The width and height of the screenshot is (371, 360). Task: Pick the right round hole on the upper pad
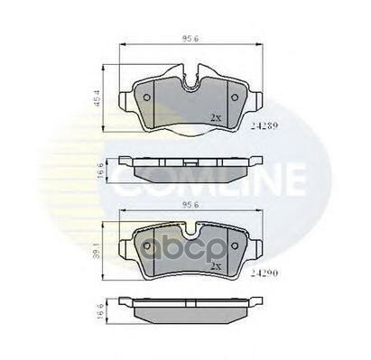tap(234, 98)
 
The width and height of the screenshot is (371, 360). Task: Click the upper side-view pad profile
tap(190, 167)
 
